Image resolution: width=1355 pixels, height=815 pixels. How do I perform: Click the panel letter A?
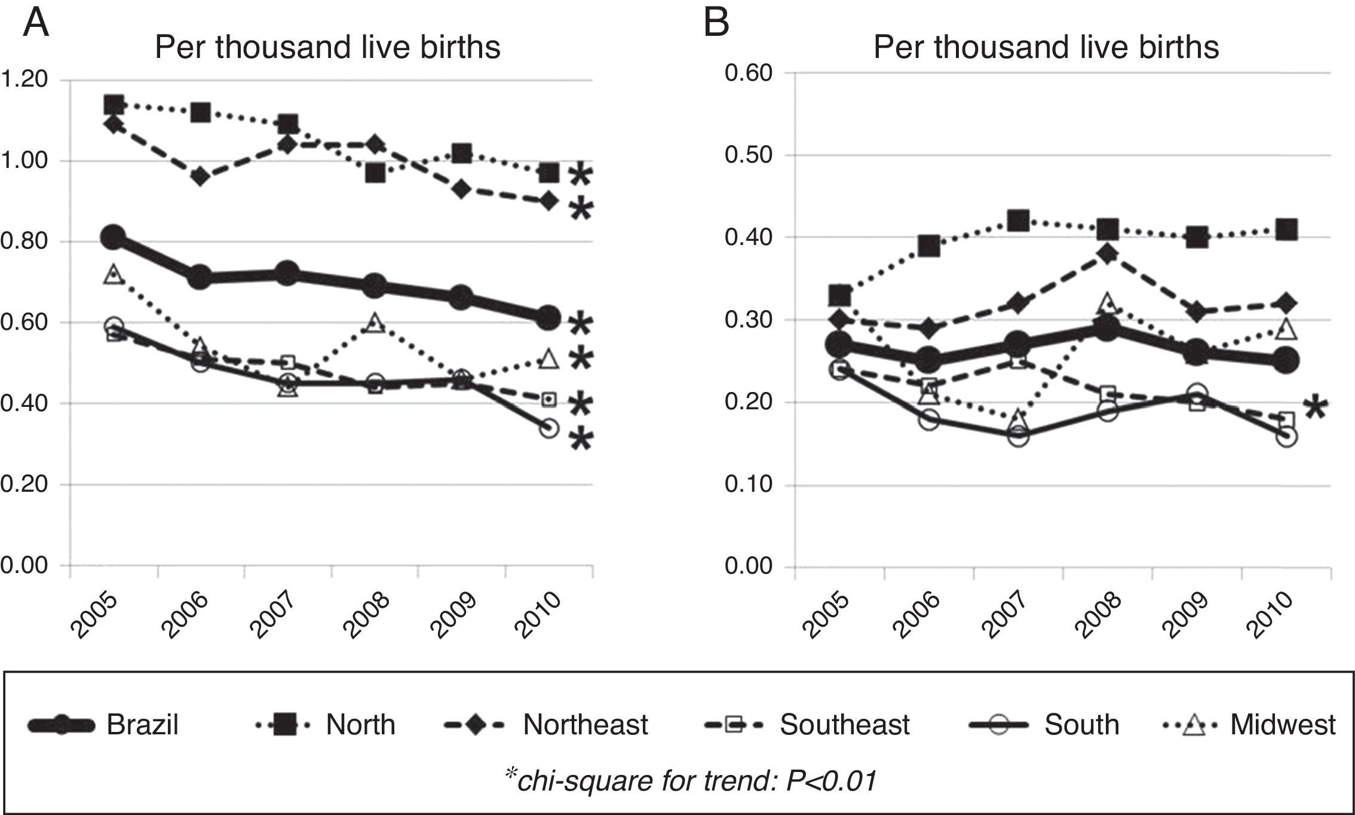pyautogui.click(x=35, y=23)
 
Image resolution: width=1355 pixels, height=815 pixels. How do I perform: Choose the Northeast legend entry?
pyautogui.click(x=547, y=725)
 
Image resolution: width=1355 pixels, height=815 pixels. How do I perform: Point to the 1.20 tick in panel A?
pyautogui.click(x=24, y=79)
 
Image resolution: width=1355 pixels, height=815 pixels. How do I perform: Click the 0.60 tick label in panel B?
pyautogui.click(x=749, y=73)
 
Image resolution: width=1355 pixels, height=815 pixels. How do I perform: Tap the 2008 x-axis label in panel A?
pyautogui.click(x=366, y=616)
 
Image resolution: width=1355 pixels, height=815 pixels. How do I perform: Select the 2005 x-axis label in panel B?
pyautogui.click(x=827, y=616)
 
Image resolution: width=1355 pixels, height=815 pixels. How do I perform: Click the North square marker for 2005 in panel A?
pyautogui.click(x=114, y=105)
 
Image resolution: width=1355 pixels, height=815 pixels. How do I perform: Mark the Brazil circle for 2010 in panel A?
pyautogui.click(x=548, y=317)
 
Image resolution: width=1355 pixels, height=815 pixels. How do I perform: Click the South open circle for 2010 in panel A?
pyautogui.click(x=549, y=428)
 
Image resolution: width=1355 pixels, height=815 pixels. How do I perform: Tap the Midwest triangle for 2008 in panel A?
pyautogui.click(x=375, y=323)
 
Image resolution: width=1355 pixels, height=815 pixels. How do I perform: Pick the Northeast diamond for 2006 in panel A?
pyautogui.click(x=200, y=177)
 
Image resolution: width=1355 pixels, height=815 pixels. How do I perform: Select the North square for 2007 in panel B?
pyautogui.click(x=1018, y=220)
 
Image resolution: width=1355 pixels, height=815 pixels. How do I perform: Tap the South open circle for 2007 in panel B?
pyautogui.click(x=1018, y=436)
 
